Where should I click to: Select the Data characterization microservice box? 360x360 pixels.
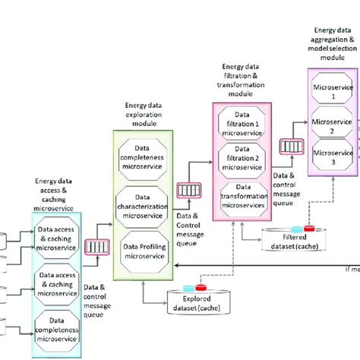(143, 201)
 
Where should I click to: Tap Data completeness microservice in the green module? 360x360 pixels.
(143, 156)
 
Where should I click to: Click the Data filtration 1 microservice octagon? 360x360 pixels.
(244, 120)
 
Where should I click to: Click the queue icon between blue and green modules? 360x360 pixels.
(96, 248)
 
